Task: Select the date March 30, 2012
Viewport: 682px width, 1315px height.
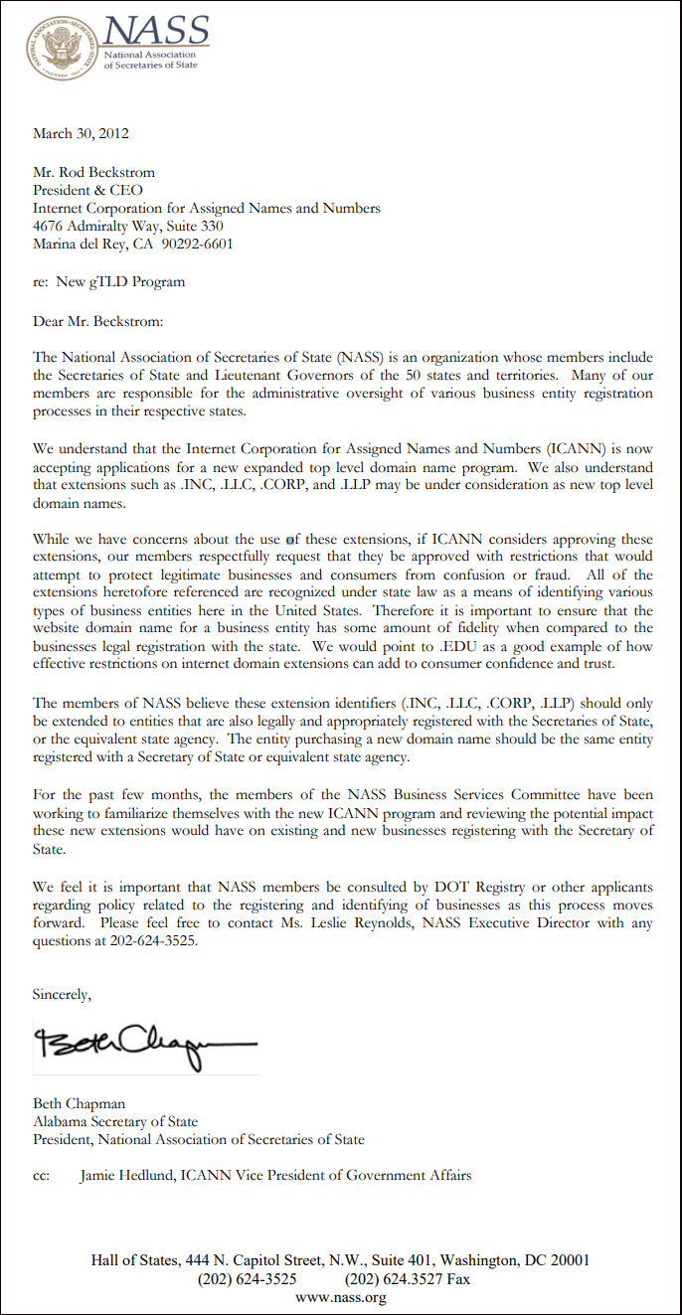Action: pyautogui.click(x=81, y=133)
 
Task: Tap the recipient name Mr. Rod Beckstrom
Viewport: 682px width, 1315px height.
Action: pyautogui.click(x=93, y=172)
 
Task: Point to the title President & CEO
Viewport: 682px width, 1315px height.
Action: pyautogui.click(x=87, y=190)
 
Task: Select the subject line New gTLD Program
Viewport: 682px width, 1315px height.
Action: pyautogui.click(x=120, y=282)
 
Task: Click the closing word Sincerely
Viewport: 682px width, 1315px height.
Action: pyautogui.click(x=62, y=994)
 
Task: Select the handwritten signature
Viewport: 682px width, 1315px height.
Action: pyautogui.click(x=145, y=1043)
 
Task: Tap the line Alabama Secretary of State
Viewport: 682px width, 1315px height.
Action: pyautogui.click(x=114, y=1121)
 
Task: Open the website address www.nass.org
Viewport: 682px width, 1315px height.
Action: pyautogui.click(x=341, y=1296)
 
